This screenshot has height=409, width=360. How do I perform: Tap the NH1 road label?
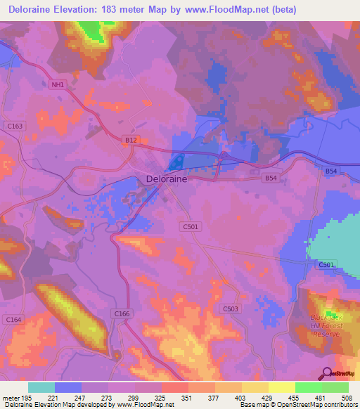pos(57,85)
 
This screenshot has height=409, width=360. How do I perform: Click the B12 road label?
pos(131,141)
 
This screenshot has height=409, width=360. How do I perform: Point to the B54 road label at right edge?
pos(331,171)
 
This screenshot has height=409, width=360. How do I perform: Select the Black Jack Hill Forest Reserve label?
pos(326,325)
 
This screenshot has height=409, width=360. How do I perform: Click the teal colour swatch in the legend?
pos(41,387)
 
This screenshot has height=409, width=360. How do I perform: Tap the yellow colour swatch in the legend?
pos(281,387)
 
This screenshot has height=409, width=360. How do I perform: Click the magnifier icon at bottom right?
pos(326,374)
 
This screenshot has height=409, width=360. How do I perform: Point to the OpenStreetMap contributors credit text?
pos(311,405)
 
